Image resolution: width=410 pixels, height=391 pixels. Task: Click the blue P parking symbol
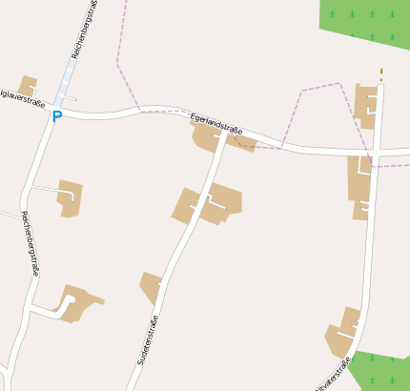(56, 116)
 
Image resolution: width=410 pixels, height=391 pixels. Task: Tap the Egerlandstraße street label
(216, 124)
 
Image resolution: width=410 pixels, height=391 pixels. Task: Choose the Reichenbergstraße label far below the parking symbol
(30, 243)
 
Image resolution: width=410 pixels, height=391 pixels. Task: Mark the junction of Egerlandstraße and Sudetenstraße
(225, 136)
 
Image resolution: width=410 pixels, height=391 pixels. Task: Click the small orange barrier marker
(381, 72)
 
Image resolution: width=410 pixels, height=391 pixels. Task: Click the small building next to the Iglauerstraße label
(28, 85)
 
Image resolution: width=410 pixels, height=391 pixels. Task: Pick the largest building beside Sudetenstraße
(209, 203)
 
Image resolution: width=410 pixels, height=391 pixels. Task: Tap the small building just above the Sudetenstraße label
(151, 286)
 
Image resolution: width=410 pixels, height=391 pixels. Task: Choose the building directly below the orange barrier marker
(366, 105)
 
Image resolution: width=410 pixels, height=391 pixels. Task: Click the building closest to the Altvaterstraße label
(343, 334)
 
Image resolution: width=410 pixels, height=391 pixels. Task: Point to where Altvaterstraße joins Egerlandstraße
(375, 153)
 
